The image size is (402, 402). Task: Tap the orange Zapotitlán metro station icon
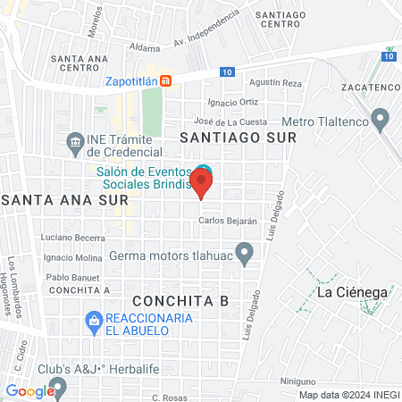[x=179, y=79]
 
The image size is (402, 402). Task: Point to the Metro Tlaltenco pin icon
[x=381, y=117]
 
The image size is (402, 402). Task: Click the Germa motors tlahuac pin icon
[x=244, y=250]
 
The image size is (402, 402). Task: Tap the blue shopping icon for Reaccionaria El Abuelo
[x=93, y=319]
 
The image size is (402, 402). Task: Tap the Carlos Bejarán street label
[x=228, y=220]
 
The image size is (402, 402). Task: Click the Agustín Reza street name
[x=278, y=82]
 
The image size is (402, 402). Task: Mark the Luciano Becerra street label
[x=72, y=238]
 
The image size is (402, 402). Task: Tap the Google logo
[x=29, y=390]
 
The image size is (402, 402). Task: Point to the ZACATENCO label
[x=369, y=88]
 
